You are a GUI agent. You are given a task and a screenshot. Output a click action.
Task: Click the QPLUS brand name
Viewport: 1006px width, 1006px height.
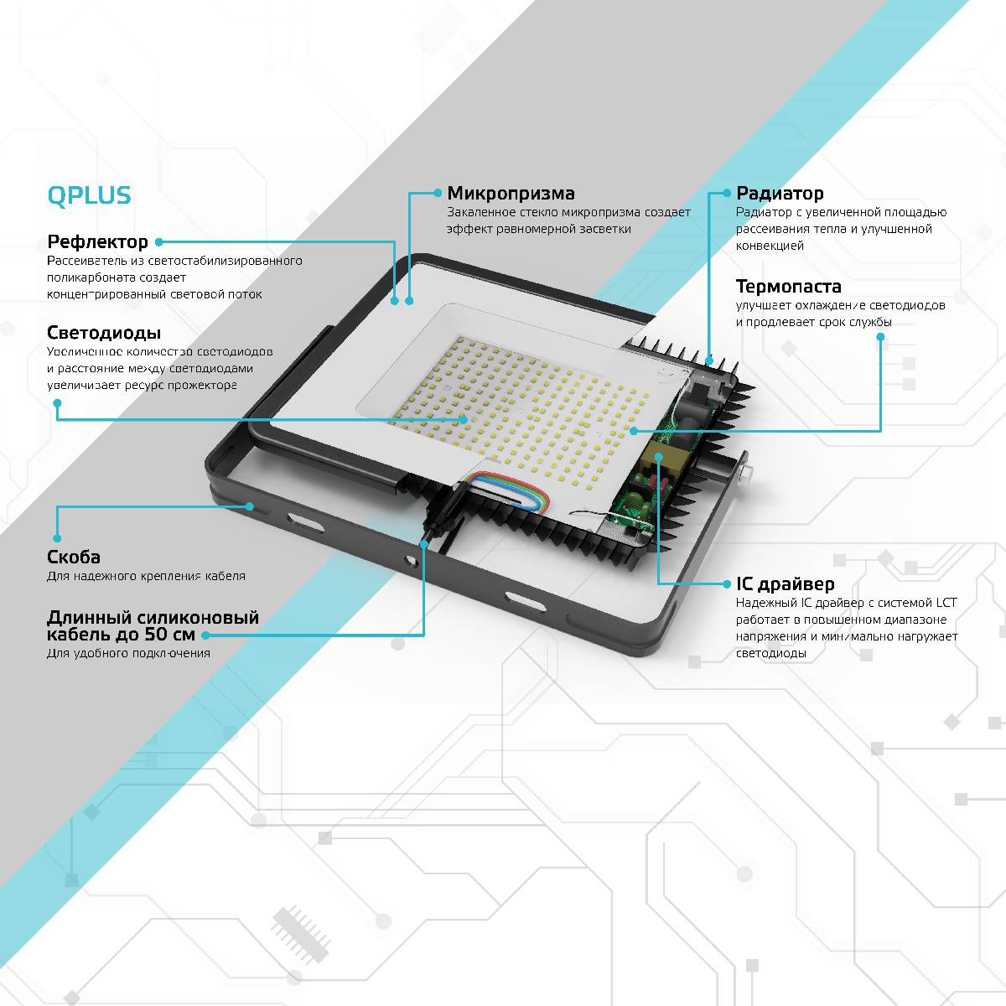[x=89, y=195]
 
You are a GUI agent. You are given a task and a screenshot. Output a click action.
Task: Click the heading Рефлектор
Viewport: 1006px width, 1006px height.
[x=97, y=242]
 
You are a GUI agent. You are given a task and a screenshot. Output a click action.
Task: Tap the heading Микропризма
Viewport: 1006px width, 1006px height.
[x=511, y=194]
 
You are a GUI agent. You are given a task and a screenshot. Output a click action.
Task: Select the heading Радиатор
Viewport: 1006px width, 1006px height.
[x=780, y=194]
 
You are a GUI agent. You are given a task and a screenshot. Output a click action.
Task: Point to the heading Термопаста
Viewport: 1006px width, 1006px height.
[x=788, y=287]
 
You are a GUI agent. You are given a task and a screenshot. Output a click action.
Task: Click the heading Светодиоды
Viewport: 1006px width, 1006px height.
[x=104, y=333]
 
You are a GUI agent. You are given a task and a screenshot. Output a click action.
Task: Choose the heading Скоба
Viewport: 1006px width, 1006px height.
[x=74, y=557]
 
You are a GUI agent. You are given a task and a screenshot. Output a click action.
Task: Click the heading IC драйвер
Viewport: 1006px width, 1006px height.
[x=785, y=584]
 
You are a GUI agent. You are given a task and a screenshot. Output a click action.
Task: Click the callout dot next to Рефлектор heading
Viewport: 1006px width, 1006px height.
[x=159, y=242]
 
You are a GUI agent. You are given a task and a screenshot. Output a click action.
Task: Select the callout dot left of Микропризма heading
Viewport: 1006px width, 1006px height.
[x=438, y=193]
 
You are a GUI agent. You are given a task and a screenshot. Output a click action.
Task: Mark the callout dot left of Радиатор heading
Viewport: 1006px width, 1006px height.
[x=727, y=193]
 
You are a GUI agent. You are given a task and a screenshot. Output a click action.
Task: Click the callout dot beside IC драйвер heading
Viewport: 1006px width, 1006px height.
[x=727, y=584]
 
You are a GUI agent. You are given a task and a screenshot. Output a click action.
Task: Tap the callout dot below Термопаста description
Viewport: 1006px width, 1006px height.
[x=880, y=337]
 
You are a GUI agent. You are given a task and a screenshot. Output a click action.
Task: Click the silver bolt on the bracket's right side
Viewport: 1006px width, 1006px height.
[x=746, y=474]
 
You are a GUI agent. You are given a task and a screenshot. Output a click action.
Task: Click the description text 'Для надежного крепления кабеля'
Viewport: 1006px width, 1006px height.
[x=146, y=576]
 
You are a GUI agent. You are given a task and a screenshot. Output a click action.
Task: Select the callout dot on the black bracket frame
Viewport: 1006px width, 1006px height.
[x=250, y=506]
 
